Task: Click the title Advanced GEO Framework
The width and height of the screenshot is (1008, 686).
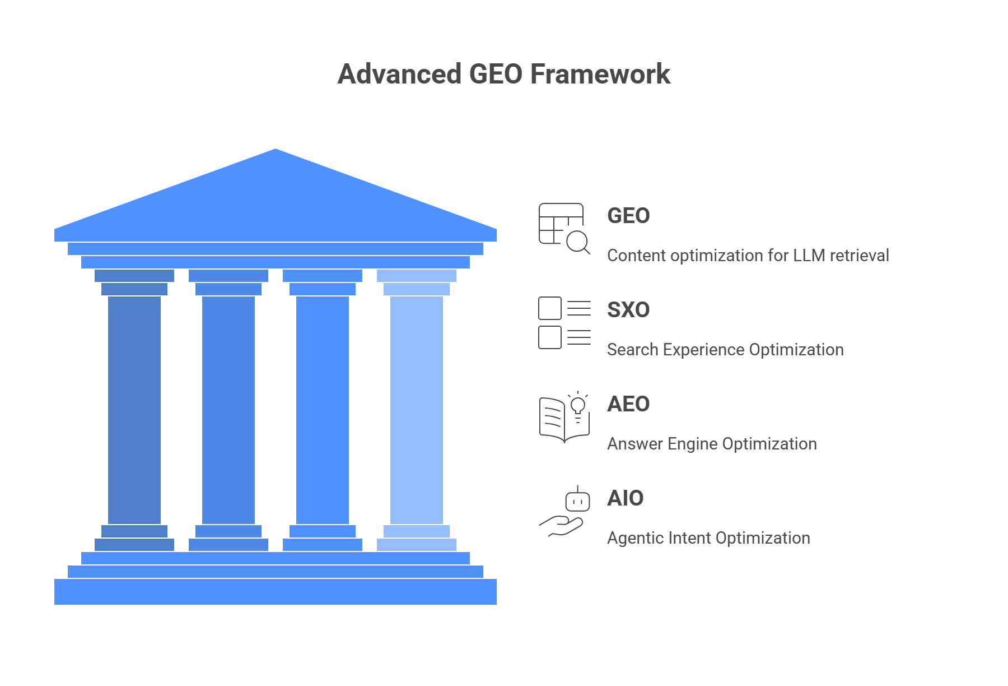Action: pyautogui.click(x=503, y=74)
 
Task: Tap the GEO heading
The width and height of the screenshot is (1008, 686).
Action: pyautogui.click(x=628, y=216)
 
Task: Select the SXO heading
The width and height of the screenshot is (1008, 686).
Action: pyautogui.click(x=628, y=310)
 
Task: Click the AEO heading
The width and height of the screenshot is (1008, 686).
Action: pyautogui.click(x=628, y=404)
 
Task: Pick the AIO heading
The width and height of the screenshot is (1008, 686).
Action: pyautogui.click(x=626, y=498)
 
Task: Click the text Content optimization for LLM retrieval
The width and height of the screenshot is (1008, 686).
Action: pyautogui.click(x=748, y=256)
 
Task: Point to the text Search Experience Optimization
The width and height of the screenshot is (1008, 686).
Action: pyautogui.click(x=725, y=350)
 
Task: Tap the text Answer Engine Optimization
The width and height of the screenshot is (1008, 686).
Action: pyautogui.click(x=712, y=444)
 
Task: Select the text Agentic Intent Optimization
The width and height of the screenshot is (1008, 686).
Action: pyautogui.click(x=708, y=538)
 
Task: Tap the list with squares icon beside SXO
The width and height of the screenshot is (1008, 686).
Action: pyautogui.click(x=564, y=323)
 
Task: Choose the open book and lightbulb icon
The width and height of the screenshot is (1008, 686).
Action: pyautogui.click(x=564, y=418)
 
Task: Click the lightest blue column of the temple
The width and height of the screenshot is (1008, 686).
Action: pyautogui.click(x=417, y=409)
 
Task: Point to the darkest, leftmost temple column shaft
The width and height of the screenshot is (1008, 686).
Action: pyautogui.click(x=134, y=409)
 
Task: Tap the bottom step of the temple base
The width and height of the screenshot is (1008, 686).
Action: pyautogui.click(x=276, y=592)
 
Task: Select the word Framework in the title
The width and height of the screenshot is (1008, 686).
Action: pyautogui.click(x=600, y=74)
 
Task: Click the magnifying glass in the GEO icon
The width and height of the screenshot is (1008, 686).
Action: pyautogui.click(x=577, y=242)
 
